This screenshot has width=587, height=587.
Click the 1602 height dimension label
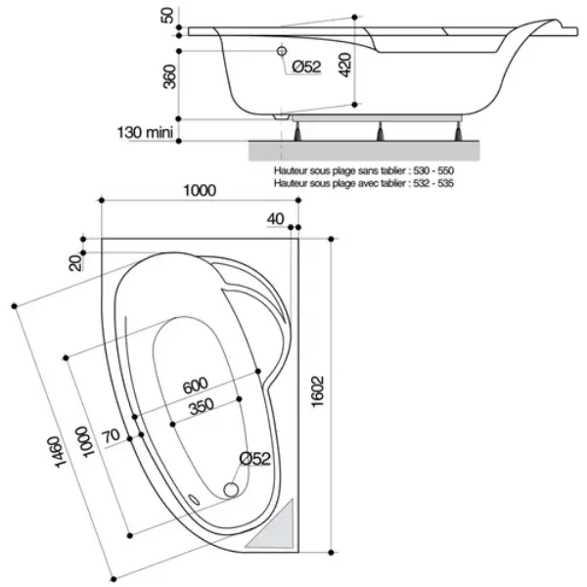coord(317,391)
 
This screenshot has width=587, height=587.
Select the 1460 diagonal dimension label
coord(60,452)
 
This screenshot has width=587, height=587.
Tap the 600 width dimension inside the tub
coord(196,385)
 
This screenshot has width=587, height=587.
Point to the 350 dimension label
coord(202,406)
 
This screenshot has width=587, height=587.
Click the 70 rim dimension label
coord(112,435)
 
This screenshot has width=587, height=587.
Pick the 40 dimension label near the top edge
coord(276,218)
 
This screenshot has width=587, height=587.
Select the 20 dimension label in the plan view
coord(75,263)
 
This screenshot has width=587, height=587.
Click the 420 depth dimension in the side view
coord(345,66)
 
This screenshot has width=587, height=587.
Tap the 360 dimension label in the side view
coord(169,76)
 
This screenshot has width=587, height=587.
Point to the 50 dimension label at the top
coord(167,16)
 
